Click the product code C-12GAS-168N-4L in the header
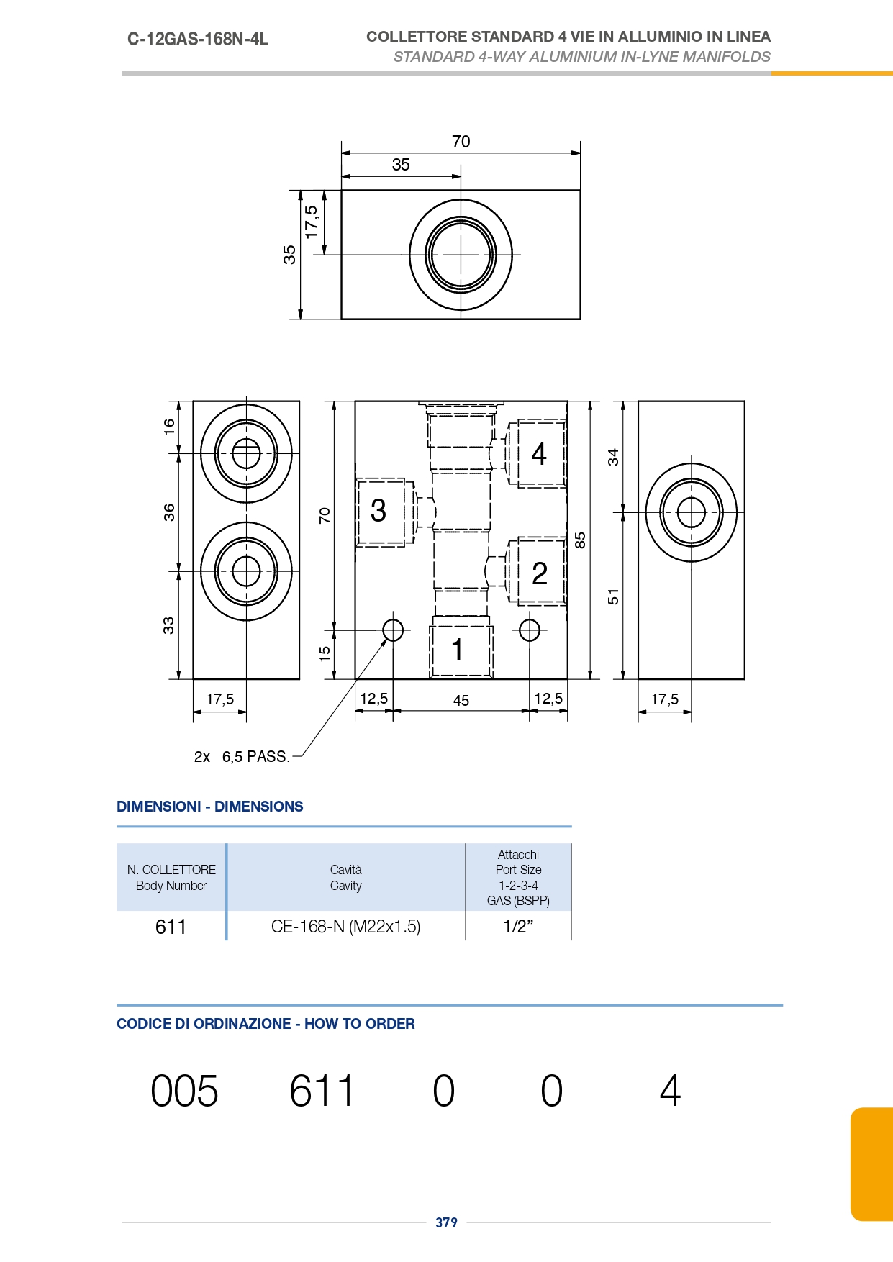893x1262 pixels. click(x=198, y=39)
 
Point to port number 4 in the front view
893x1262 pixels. click(x=539, y=454)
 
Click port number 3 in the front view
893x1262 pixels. click(x=378, y=511)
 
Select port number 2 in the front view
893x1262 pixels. click(x=540, y=573)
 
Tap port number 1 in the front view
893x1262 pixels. click(x=457, y=650)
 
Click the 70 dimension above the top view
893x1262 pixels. click(x=461, y=142)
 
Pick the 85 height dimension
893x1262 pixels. click(x=581, y=540)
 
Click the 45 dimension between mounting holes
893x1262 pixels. click(x=461, y=700)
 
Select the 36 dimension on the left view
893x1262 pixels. click(x=169, y=512)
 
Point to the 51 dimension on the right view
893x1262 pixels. click(x=613, y=596)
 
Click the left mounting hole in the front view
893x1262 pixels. click(x=393, y=630)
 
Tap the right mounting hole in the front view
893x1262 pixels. click(x=530, y=630)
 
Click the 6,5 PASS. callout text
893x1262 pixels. click(x=255, y=757)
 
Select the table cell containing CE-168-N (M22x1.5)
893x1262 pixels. click(x=346, y=926)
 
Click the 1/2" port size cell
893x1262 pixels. click(x=518, y=926)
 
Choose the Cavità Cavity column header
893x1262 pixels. click(x=346, y=877)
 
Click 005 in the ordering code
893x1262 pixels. click(x=184, y=1091)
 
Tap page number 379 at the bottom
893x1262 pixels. click(x=446, y=1222)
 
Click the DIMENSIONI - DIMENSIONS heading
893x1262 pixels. click(x=210, y=807)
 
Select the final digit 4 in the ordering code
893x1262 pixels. click(x=670, y=1091)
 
